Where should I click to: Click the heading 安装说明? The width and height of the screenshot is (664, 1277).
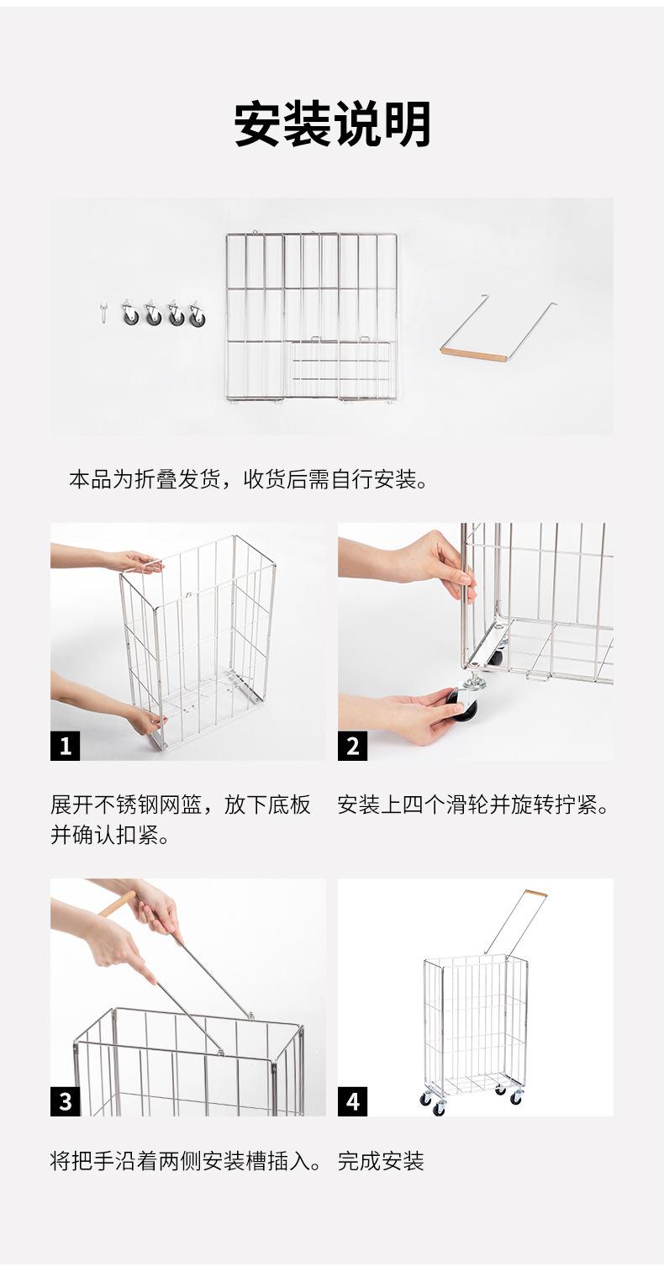[x=332, y=124]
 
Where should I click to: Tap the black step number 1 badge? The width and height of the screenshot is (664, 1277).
[x=65, y=746]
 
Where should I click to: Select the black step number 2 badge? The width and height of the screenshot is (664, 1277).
[x=352, y=746]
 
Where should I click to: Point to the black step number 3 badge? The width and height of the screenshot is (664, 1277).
[x=65, y=1101]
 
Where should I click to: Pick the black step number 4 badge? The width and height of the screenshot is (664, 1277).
[x=352, y=1101]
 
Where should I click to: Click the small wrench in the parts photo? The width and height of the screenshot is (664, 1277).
[x=103, y=313]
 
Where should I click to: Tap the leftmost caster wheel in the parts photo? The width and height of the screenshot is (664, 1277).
[x=130, y=313]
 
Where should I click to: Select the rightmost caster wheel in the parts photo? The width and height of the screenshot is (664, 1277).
[x=198, y=314]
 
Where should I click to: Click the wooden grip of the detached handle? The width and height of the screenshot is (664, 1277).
[x=474, y=354]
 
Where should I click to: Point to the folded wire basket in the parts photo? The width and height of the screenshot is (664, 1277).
[x=312, y=316]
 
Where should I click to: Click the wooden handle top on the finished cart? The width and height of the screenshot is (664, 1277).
[x=535, y=894]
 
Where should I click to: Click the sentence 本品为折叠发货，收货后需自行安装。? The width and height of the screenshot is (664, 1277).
[x=249, y=479]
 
